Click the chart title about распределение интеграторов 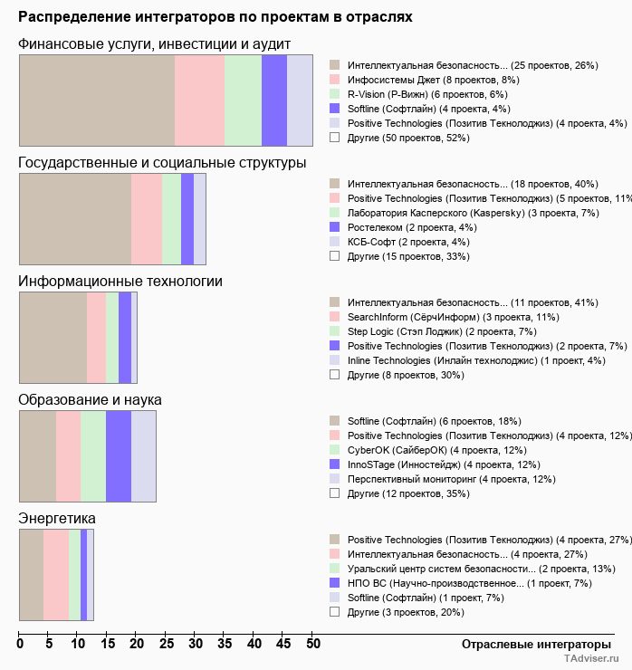point(215,16)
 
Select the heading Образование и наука point(90,399)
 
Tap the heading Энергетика point(57,518)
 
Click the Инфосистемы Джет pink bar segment point(199,100)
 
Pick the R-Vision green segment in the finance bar point(243,100)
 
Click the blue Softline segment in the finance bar point(273,100)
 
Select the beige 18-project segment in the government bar point(75,218)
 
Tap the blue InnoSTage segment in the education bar point(119,455)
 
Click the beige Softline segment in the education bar point(38,455)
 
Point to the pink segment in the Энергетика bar point(56,574)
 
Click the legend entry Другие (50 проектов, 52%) point(408,138)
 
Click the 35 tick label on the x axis point(225,644)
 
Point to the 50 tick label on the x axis point(312,644)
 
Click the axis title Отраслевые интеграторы point(531,644)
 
